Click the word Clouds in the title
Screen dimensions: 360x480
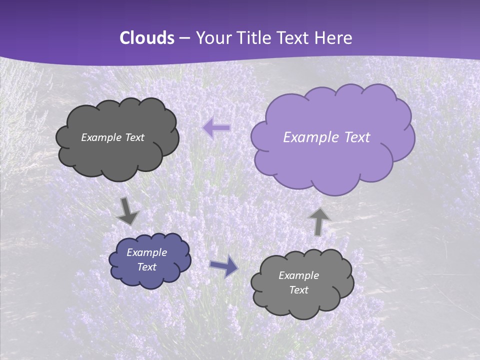click(x=147, y=38)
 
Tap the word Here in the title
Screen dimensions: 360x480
click(x=334, y=38)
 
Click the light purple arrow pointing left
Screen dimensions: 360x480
click(x=216, y=128)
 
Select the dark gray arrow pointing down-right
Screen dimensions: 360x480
click(x=127, y=211)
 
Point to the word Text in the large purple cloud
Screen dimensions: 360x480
click(x=357, y=137)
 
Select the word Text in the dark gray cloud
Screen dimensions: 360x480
click(x=134, y=137)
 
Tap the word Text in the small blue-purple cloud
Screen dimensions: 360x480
click(x=147, y=267)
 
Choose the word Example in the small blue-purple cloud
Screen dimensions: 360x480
click(x=147, y=252)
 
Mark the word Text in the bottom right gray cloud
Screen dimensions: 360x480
click(x=299, y=290)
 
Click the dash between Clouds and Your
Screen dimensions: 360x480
click(x=184, y=38)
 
